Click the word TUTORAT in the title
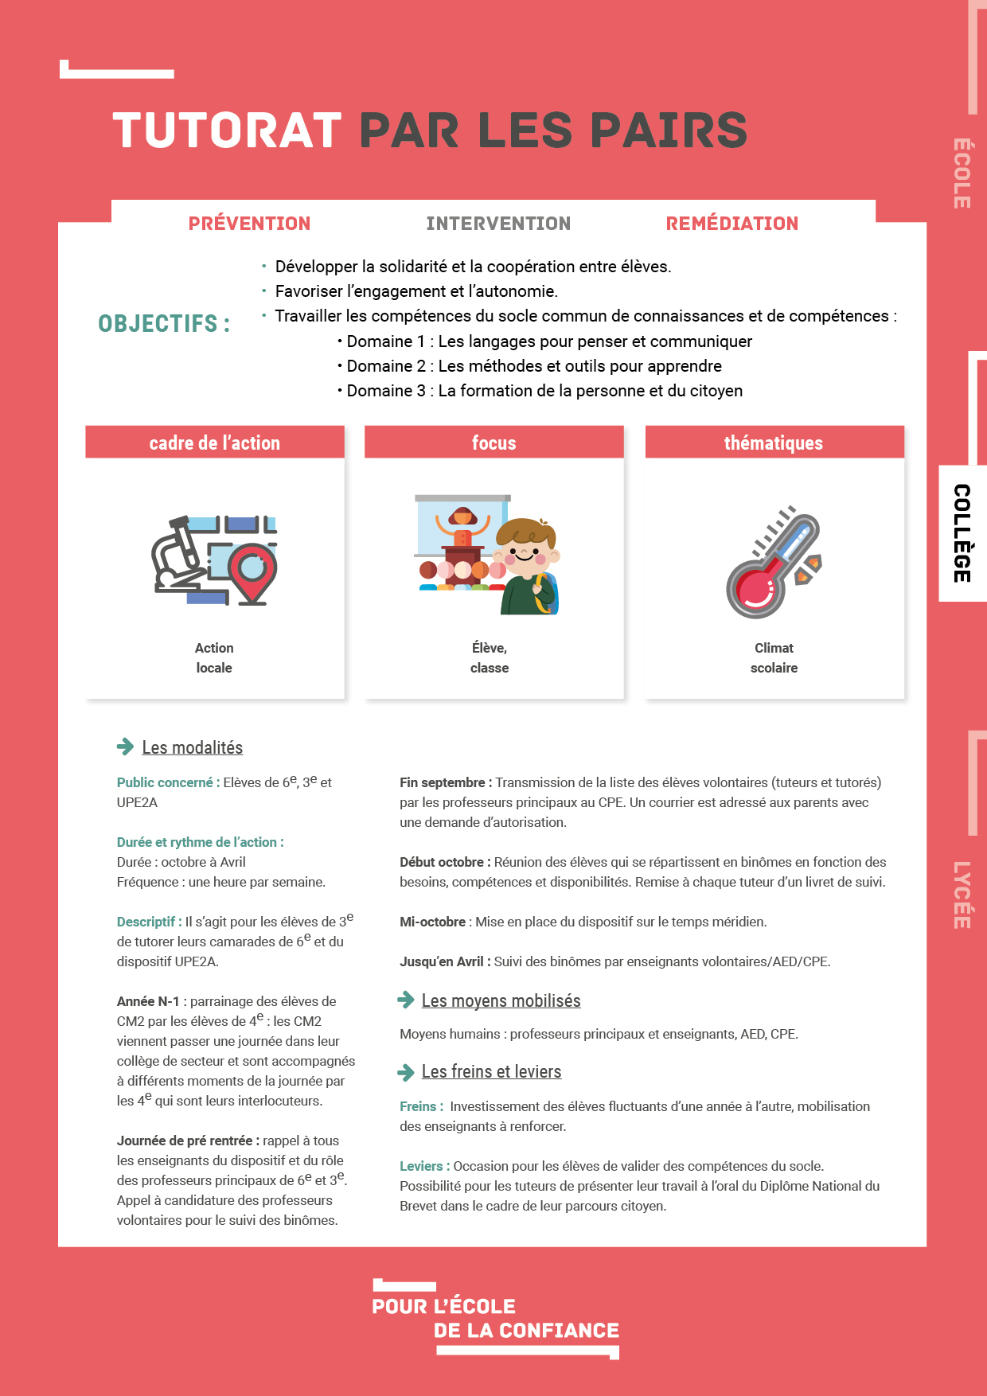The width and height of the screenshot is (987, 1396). [x=228, y=131]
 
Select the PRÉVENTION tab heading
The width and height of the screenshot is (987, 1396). [x=249, y=224]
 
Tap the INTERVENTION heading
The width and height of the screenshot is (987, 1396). [x=498, y=224]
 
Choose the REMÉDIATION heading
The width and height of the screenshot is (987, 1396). [x=731, y=224]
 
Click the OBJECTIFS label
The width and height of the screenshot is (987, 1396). [x=164, y=324]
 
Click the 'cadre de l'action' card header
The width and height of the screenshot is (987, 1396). [x=215, y=443]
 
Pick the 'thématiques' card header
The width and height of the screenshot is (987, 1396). [x=774, y=443]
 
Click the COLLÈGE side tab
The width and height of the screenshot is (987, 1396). [x=962, y=533]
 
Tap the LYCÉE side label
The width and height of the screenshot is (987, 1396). [x=962, y=895]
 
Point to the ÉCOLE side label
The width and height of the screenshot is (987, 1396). [x=962, y=174]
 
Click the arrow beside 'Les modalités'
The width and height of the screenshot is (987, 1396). [x=125, y=747]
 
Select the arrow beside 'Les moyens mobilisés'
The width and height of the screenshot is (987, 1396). [x=406, y=1000]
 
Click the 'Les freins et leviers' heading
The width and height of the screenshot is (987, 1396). [x=491, y=1071]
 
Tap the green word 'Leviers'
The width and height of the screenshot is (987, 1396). [x=422, y=1166]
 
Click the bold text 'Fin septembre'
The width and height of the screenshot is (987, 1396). [x=443, y=782]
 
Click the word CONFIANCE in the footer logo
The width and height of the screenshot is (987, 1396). [x=559, y=1331]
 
